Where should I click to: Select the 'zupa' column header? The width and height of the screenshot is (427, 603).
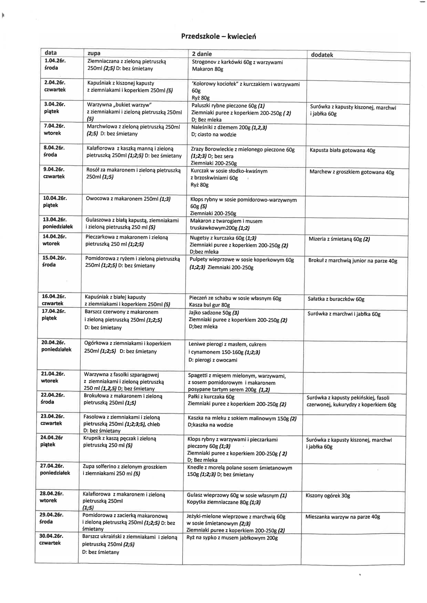click(94, 53)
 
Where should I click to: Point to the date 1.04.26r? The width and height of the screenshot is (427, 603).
click(55, 61)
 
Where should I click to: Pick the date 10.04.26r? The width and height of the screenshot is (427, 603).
click(55, 198)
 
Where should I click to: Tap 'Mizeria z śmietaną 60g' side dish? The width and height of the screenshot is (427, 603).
click(339, 239)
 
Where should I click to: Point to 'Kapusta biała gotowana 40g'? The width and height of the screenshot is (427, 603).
click(342, 150)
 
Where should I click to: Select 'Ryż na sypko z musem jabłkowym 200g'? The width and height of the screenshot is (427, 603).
click(232, 538)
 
